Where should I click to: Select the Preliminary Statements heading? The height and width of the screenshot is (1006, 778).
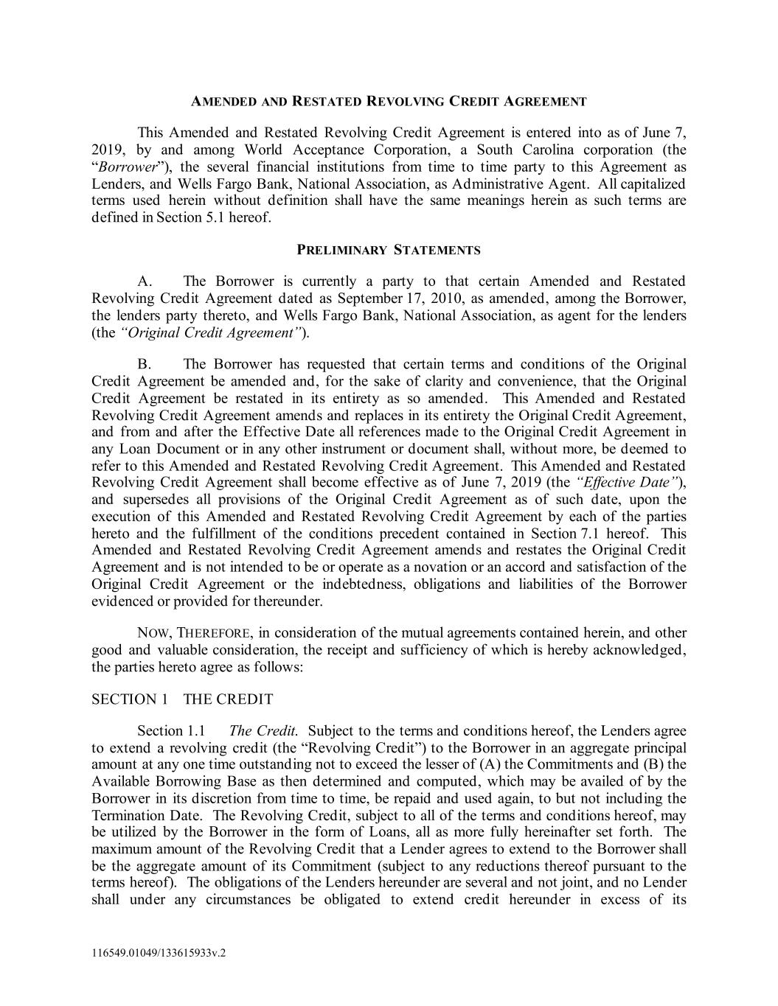tap(389, 250)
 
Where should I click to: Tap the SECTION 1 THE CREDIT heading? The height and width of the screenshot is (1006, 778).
tap(182, 699)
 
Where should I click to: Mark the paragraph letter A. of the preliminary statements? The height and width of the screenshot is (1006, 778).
tap(145, 282)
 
